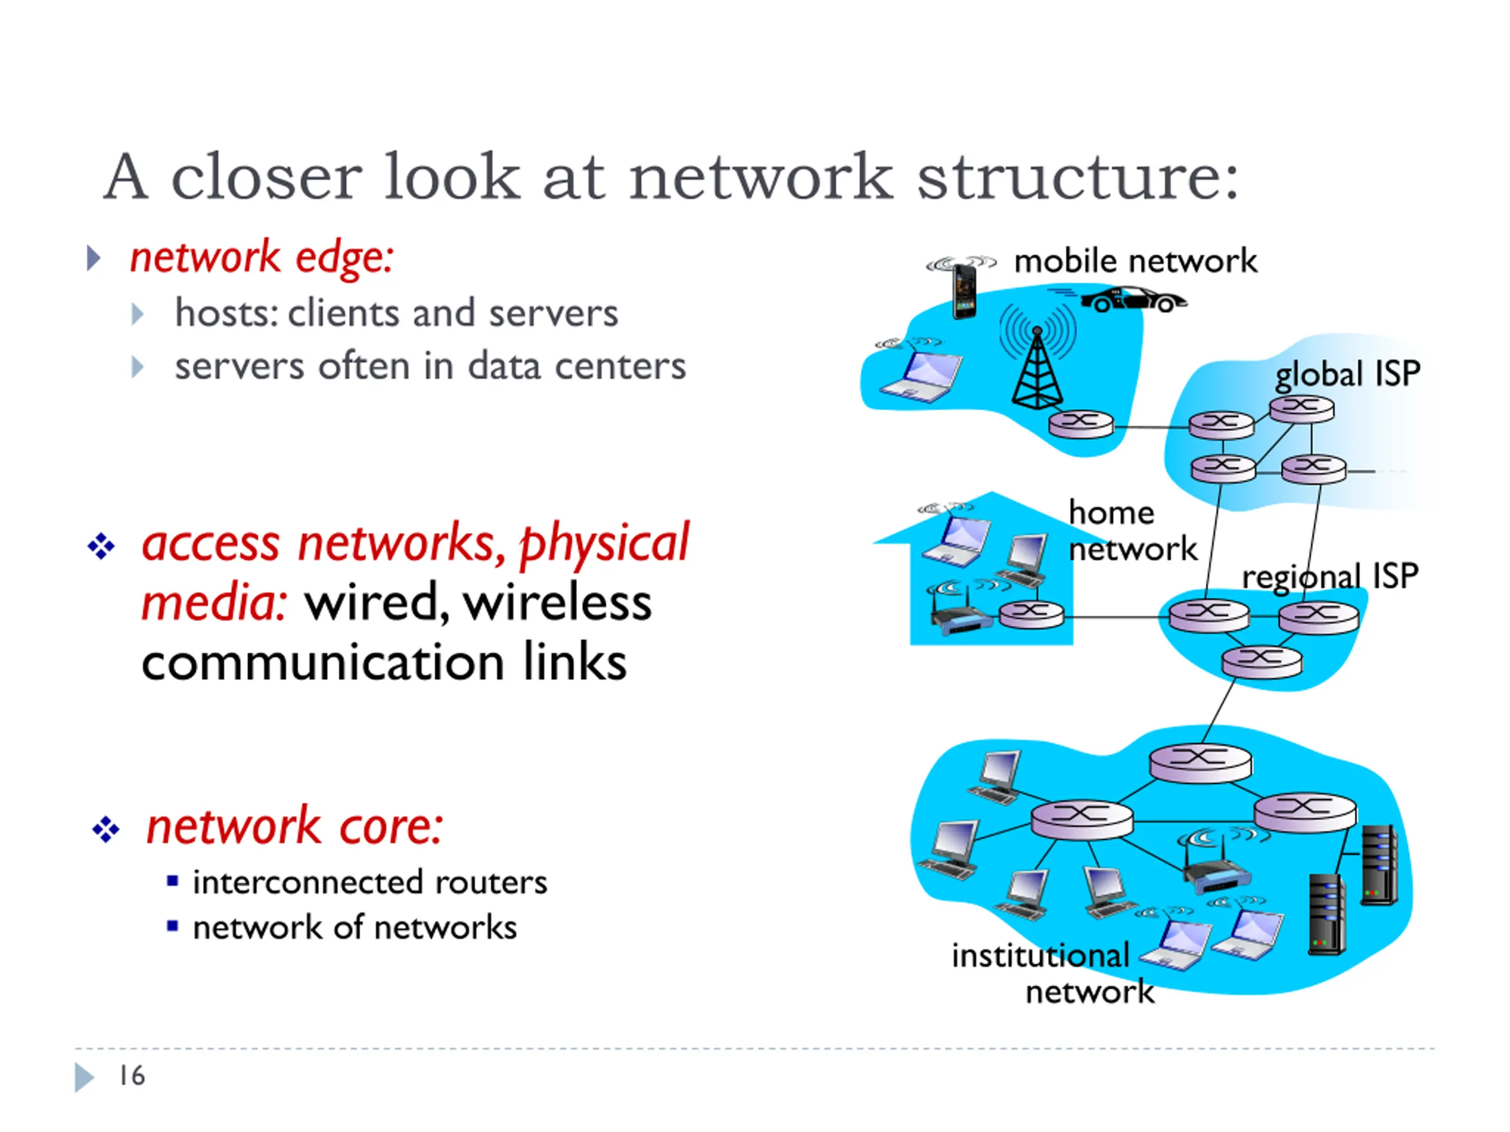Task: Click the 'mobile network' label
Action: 1135,261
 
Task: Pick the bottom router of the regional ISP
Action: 1262,662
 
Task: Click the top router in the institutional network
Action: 1201,762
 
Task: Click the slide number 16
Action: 132,1076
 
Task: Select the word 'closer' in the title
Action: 266,177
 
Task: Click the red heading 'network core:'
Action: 295,827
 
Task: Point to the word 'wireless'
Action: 557,603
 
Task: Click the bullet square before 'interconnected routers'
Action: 173,881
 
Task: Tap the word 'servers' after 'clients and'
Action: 553,314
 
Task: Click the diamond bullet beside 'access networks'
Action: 101,547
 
